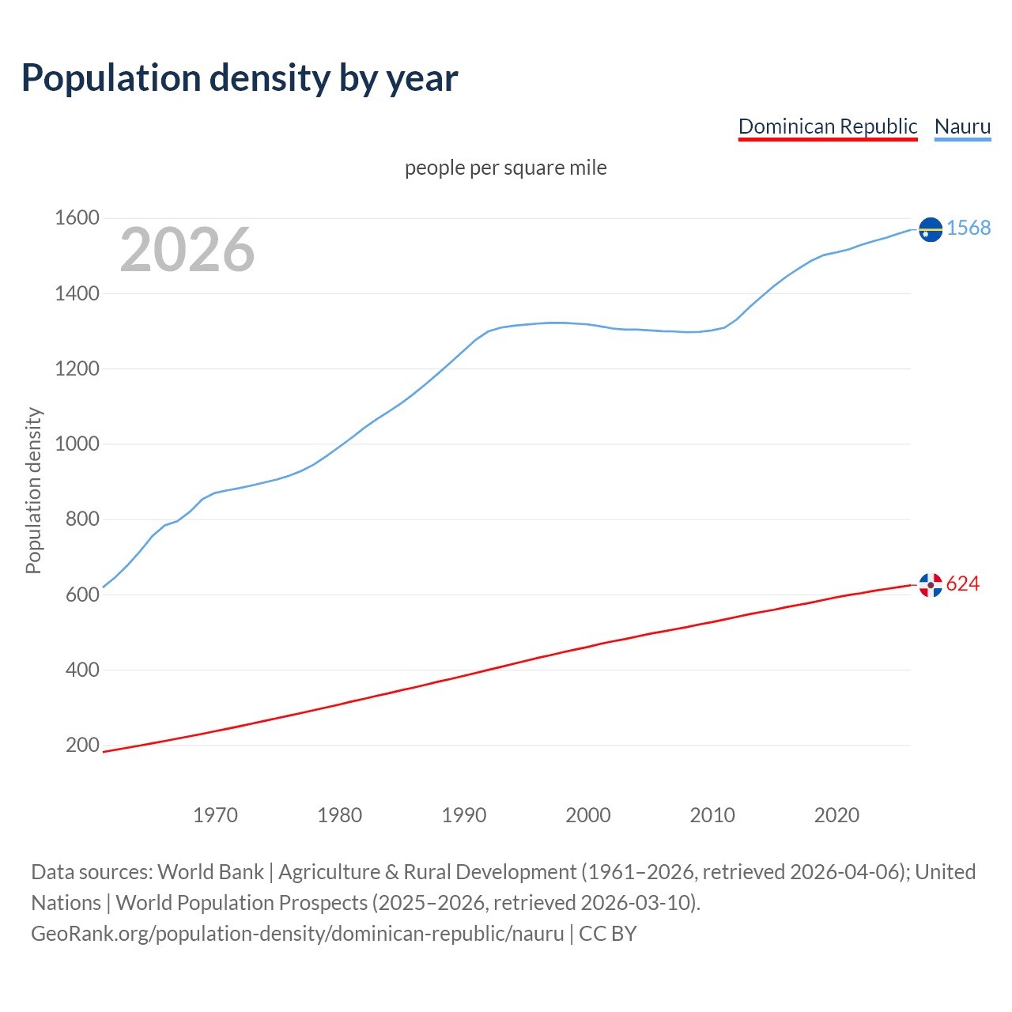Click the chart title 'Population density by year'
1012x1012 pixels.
pyautogui.click(x=240, y=78)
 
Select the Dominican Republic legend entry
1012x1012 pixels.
pyautogui.click(x=827, y=126)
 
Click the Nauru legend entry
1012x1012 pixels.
pyautogui.click(x=962, y=126)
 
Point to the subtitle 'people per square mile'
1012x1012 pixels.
pyautogui.click(x=505, y=168)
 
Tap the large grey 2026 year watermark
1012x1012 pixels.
pyautogui.click(x=187, y=250)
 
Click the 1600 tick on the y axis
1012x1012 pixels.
pyautogui.click(x=77, y=218)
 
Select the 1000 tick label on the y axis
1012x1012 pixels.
pyautogui.click(x=77, y=444)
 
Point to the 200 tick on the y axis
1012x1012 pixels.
pyautogui.click(x=82, y=746)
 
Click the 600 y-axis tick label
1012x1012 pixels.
pyautogui.click(x=82, y=595)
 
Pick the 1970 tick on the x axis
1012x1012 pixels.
pyautogui.click(x=215, y=815)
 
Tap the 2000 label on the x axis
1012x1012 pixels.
pyautogui.click(x=588, y=815)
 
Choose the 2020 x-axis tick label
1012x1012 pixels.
pyautogui.click(x=836, y=815)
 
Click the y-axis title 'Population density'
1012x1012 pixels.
pyautogui.click(x=33, y=490)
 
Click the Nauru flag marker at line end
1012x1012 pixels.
pyautogui.click(x=931, y=229)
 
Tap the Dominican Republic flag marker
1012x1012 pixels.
pyautogui.click(x=931, y=585)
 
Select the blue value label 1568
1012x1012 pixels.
pyautogui.click(x=969, y=228)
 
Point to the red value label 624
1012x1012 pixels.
pyautogui.click(x=963, y=584)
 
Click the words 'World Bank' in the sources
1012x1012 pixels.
pyautogui.click(x=210, y=872)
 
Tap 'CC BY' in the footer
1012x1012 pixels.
pyautogui.click(x=608, y=934)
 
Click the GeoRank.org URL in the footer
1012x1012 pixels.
pyautogui.click(x=297, y=934)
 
